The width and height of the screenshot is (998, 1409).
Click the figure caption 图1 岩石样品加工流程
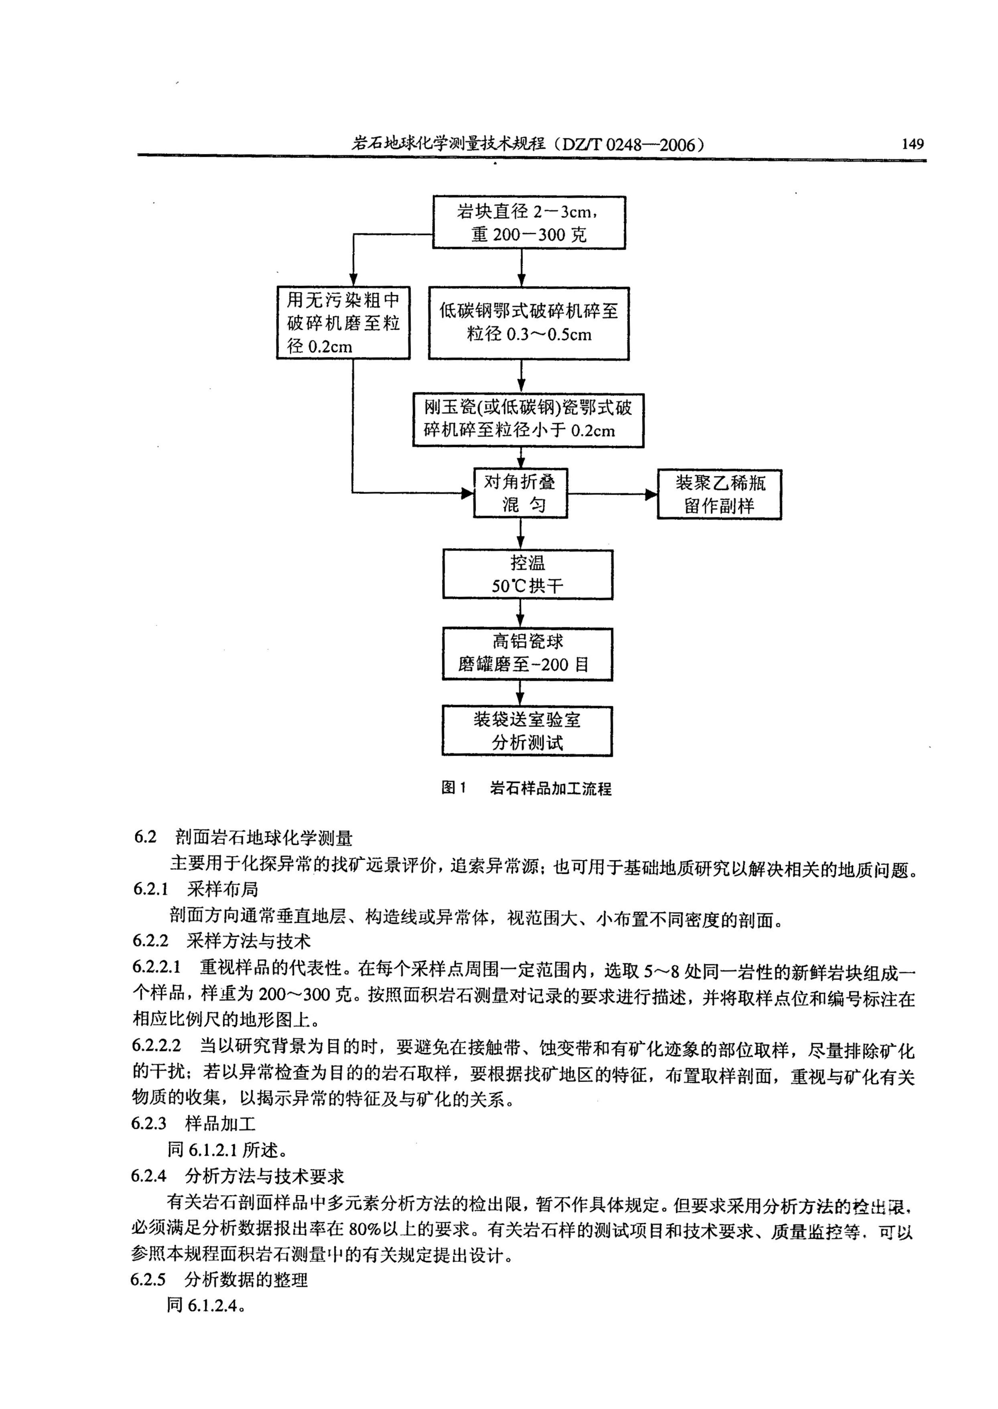pos(527,788)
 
